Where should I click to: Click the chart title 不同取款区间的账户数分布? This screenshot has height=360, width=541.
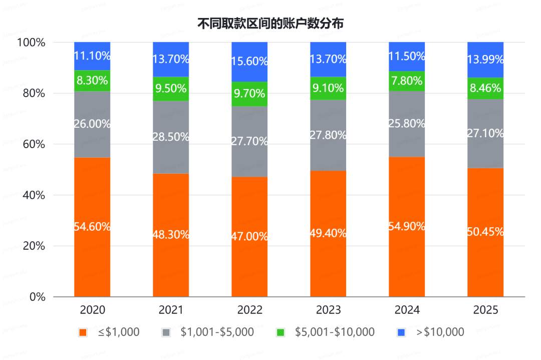(x=270, y=23)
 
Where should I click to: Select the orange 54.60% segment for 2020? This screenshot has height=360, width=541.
(x=92, y=227)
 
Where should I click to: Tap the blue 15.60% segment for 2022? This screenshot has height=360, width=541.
(x=249, y=62)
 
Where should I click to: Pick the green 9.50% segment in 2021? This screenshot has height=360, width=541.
(x=171, y=89)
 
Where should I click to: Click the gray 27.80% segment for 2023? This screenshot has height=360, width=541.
(x=328, y=135)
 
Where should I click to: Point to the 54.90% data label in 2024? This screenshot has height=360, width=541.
(x=407, y=226)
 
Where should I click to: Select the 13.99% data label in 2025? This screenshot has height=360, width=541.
(x=485, y=60)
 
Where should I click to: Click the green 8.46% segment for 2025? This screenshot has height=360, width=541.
(x=485, y=88)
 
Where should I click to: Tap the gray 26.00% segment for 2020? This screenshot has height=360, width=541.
(x=92, y=124)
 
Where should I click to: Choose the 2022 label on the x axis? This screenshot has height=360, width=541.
(x=249, y=310)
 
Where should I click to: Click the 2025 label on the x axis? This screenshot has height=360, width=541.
(x=485, y=310)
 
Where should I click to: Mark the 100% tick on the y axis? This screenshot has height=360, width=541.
(x=32, y=43)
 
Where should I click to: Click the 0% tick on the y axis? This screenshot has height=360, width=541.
(x=38, y=297)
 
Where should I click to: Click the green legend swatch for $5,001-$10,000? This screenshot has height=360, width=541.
(x=281, y=332)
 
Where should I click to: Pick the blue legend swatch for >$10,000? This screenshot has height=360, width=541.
(x=401, y=332)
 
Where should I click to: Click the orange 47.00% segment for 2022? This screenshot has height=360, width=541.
(x=249, y=236)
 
